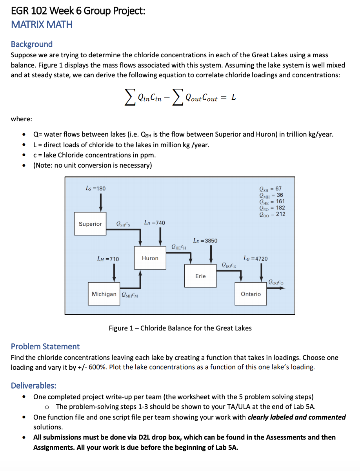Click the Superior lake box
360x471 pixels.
click(90, 224)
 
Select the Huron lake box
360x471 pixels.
click(150, 258)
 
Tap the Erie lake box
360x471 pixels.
click(200, 276)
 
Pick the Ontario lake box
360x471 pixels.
click(251, 294)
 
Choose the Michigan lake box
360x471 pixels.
click(104, 294)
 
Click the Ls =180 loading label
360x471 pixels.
click(95, 188)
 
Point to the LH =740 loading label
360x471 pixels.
click(155, 223)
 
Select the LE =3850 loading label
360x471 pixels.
click(205, 240)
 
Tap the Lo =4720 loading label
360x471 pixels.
click(255, 258)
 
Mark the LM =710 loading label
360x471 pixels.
click(108, 259)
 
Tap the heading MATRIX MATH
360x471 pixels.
click(42, 25)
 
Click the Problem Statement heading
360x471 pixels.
click(45, 346)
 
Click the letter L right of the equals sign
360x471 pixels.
click(233, 97)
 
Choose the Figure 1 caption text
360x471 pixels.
click(180, 328)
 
